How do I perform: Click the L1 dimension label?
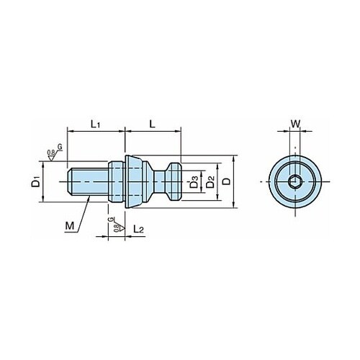coord(95,125)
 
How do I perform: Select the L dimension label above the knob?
coord(153,124)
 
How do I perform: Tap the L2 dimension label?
coord(138,229)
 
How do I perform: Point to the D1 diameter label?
coord(36,181)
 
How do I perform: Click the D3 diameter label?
coord(194,181)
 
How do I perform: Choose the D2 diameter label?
coord(210,181)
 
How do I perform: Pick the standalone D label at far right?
coord(226,181)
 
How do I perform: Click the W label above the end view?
coord(295,124)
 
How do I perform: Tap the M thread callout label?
coord(70,226)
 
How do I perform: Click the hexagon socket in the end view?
coord(295,181)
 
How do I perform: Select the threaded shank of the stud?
coord(88,181)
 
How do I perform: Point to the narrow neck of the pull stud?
coord(159,181)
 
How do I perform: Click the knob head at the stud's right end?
coord(174,181)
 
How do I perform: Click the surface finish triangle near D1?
coord(51,158)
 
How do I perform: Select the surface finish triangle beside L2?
coord(122,228)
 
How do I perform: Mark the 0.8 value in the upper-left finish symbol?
coord(50,153)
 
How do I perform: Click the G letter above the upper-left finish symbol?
coord(60,147)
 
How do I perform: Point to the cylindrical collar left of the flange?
coord(117,181)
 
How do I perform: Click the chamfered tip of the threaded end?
coord(70,181)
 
